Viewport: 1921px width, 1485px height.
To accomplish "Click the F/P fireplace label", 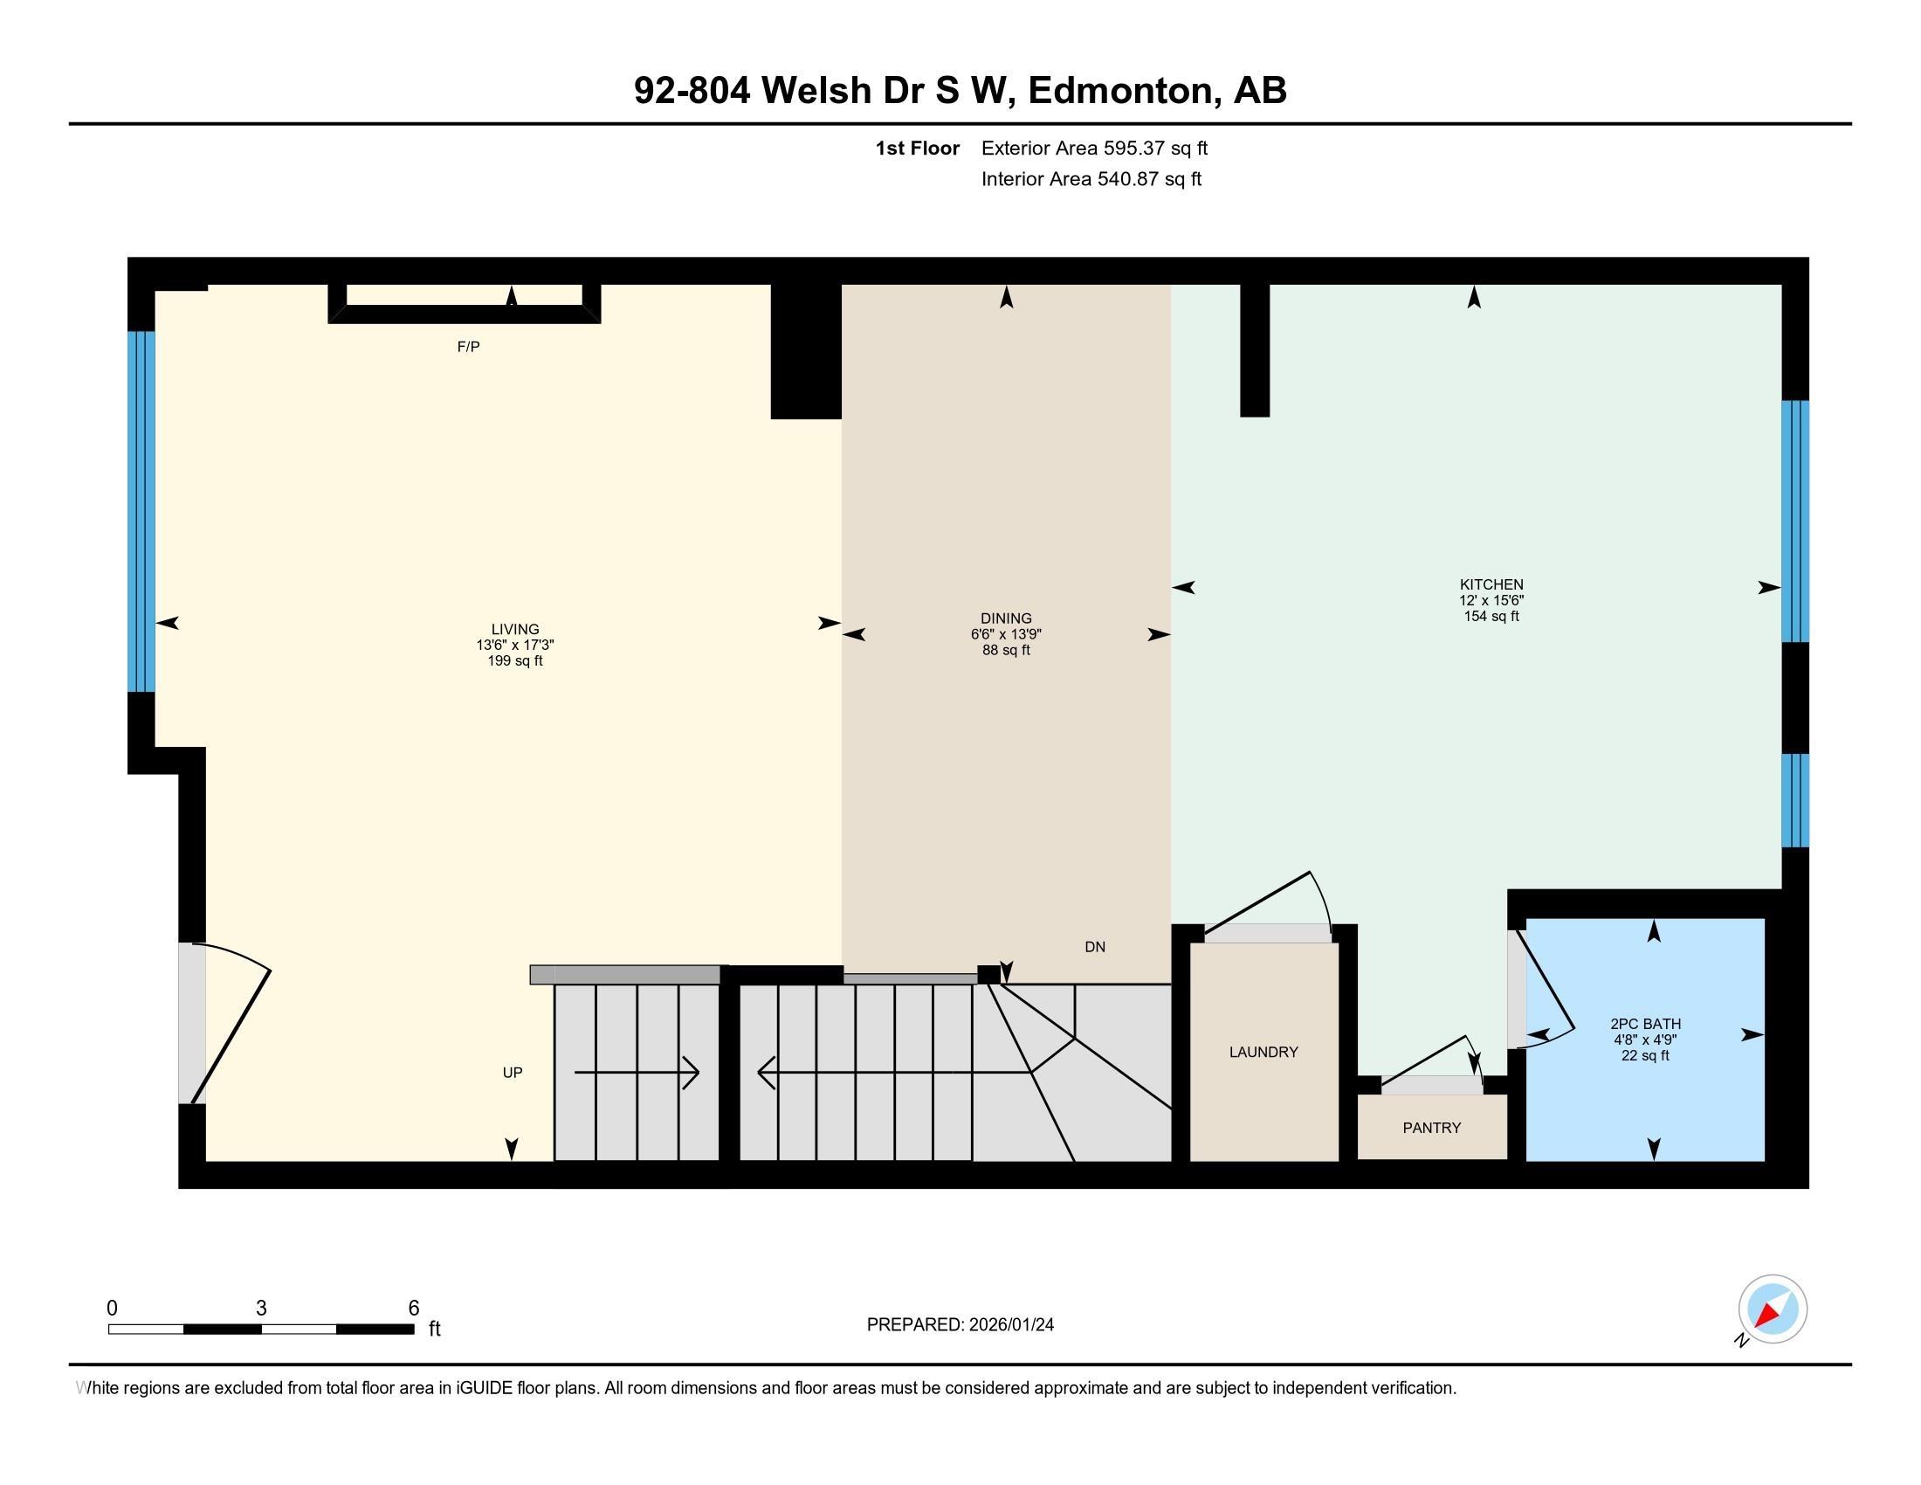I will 468,347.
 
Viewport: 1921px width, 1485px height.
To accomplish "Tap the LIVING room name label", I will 514,628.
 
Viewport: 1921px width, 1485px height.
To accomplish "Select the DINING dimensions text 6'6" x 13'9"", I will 1005,634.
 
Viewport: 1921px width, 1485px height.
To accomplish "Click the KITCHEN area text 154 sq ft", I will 1491,616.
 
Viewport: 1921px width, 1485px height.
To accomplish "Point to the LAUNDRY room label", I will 1263,1051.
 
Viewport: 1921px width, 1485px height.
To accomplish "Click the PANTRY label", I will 1431,1128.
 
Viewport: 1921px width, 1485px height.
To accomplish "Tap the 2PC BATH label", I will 1645,1023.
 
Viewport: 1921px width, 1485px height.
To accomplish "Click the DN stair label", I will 1094,947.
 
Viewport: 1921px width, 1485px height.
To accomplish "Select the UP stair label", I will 512,1073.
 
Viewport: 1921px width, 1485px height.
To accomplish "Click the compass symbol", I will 1772,1309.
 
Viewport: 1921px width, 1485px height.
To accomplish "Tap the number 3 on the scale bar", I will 261,1309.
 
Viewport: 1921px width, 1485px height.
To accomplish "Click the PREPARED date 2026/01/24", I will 1010,1325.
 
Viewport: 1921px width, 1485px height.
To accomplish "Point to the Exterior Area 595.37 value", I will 1134,148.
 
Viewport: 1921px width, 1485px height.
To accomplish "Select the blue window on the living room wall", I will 141,510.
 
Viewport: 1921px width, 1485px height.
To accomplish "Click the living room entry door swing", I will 231,1020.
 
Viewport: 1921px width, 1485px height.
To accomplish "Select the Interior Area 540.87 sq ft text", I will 1091,178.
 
